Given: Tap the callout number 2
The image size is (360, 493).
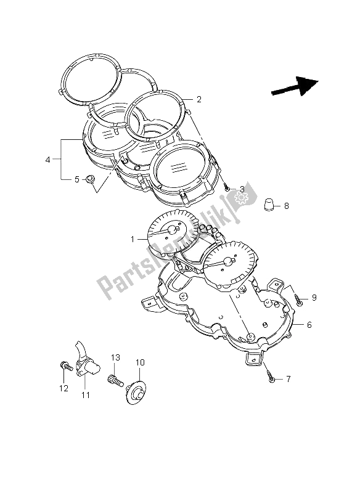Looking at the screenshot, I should (199, 99).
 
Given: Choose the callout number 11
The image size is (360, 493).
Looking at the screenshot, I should (85, 394).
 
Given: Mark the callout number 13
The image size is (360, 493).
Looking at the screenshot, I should (115, 358).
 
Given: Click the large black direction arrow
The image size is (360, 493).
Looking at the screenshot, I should (295, 86).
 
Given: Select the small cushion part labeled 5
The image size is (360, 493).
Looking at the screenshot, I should (90, 179).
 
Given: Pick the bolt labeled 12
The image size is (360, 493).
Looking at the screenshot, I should (64, 366).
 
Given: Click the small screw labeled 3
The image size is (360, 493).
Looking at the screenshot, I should (227, 187).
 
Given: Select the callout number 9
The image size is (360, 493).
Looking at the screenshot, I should (313, 298).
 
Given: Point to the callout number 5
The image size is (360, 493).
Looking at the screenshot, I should (76, 180).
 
